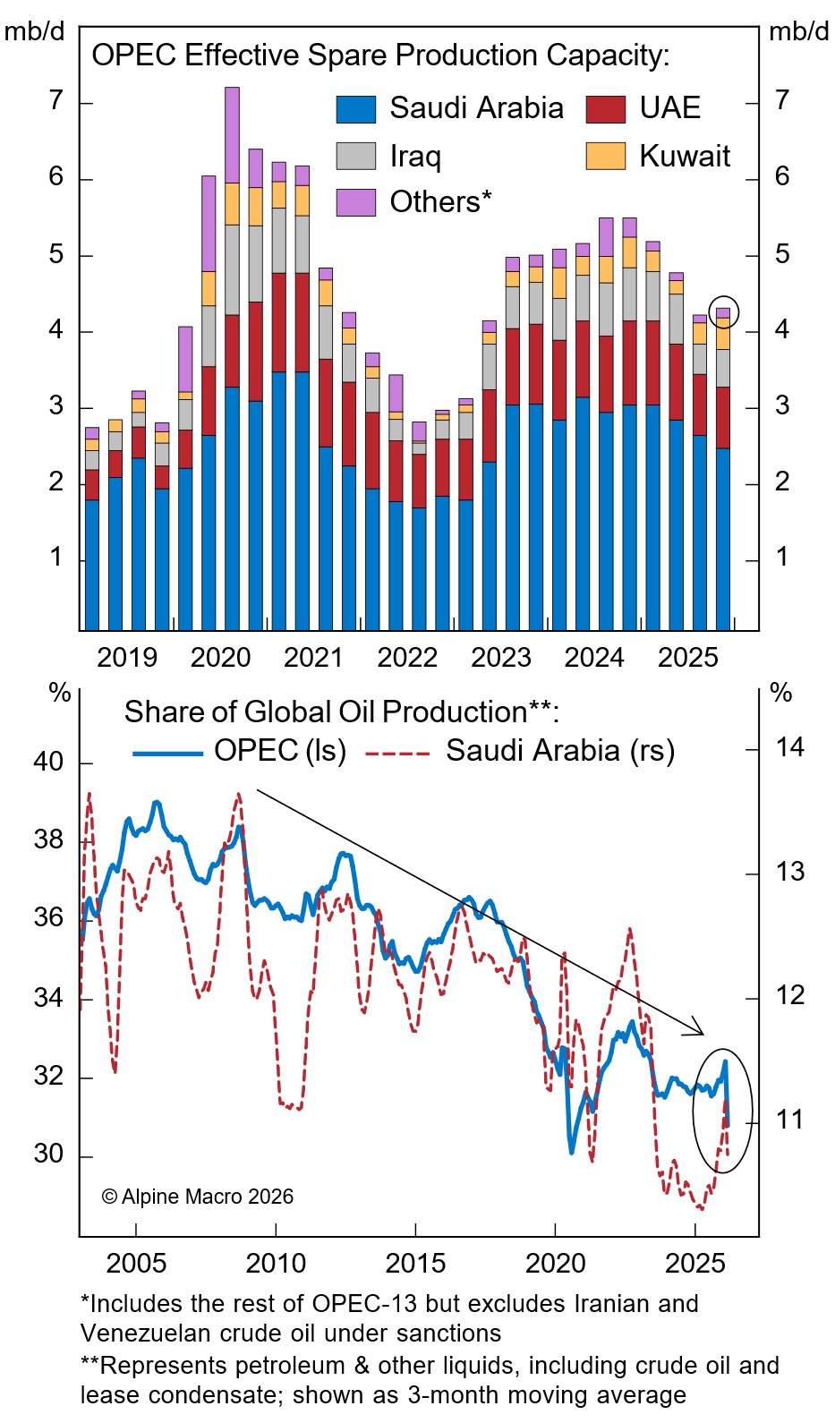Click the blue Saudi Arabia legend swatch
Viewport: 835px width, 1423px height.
coord(355,109)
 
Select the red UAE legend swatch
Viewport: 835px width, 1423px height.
coord(605,109)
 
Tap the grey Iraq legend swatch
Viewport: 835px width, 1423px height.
coord(355,156)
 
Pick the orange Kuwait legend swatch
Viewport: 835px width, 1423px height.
coord(605,156)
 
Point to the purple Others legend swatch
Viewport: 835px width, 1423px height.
coord(355,202)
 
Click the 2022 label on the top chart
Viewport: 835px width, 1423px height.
coord(407,658)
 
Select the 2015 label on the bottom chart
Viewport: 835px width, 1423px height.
coord(415,1263)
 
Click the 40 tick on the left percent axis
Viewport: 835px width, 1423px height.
coord(48,762)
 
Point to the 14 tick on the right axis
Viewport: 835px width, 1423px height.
coord(789,747)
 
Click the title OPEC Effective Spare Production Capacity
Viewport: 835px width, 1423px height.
coord(380,55)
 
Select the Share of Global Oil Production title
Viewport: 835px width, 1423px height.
coord(341,712)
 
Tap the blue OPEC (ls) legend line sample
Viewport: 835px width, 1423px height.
coord(167,754)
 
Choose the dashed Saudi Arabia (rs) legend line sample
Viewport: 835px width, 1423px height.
coord(397,754)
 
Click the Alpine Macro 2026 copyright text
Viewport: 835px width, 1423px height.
coord(198,1197)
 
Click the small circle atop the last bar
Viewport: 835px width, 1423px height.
coord(723,311)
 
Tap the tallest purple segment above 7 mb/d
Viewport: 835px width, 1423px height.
coord(232,134)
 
